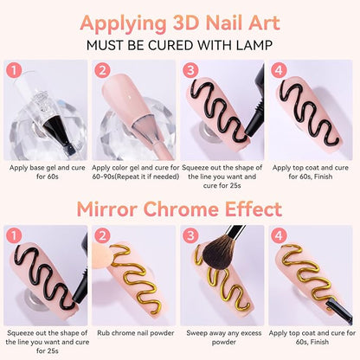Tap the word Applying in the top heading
point(123,23)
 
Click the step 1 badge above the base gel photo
point(14,70)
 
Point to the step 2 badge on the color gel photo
point(102,70)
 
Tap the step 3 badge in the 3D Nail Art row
point(190,70)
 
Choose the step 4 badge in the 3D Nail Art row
point(279,70)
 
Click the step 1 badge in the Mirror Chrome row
point(14,236)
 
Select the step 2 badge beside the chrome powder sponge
point(102,236)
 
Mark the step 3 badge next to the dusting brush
point(190,236)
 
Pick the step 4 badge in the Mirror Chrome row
point(279,236)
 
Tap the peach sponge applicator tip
point(102,253)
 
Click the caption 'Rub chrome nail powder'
point(136,333)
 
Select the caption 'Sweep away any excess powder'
point(224,337)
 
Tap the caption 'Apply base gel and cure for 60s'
point(48,172)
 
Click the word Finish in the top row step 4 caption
point(324,177)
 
